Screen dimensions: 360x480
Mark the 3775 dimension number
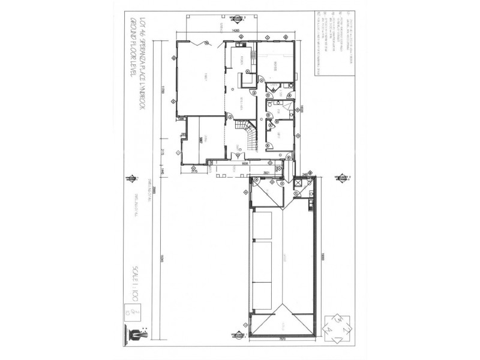pyautogui.click(x=194, y=172)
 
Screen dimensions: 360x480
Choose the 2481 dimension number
pyautogui.click(x=305, y=174)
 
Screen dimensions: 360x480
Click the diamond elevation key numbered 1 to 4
pyautogui.click(x=334, y=327)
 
